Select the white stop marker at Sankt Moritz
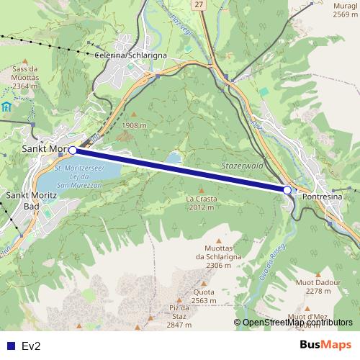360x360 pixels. click(x=73, y=150)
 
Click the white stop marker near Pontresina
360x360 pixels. click(x=287, y=190)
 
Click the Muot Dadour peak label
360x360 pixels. click(x=318, y=287)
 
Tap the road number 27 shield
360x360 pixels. click(x=198, y=4)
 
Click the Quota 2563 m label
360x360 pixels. click(x=204, y=297)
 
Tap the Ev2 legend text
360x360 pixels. click(x=30, y=346)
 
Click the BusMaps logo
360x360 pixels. click(x=325, y=345)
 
